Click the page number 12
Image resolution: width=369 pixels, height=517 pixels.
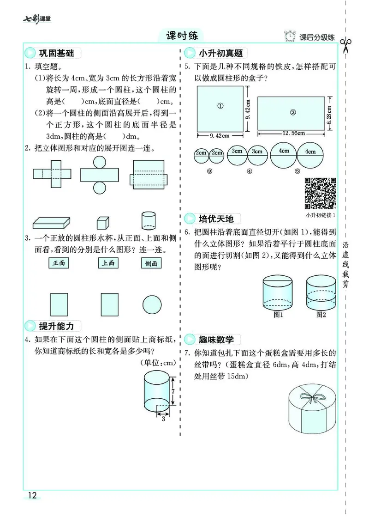pos(32,496)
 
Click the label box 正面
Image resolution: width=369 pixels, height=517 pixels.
pos(59,263)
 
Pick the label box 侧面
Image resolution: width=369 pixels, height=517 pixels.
pos(152,263)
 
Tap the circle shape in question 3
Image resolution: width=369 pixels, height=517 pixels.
pos(152,304)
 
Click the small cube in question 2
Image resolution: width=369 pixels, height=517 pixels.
pos(102,223)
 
